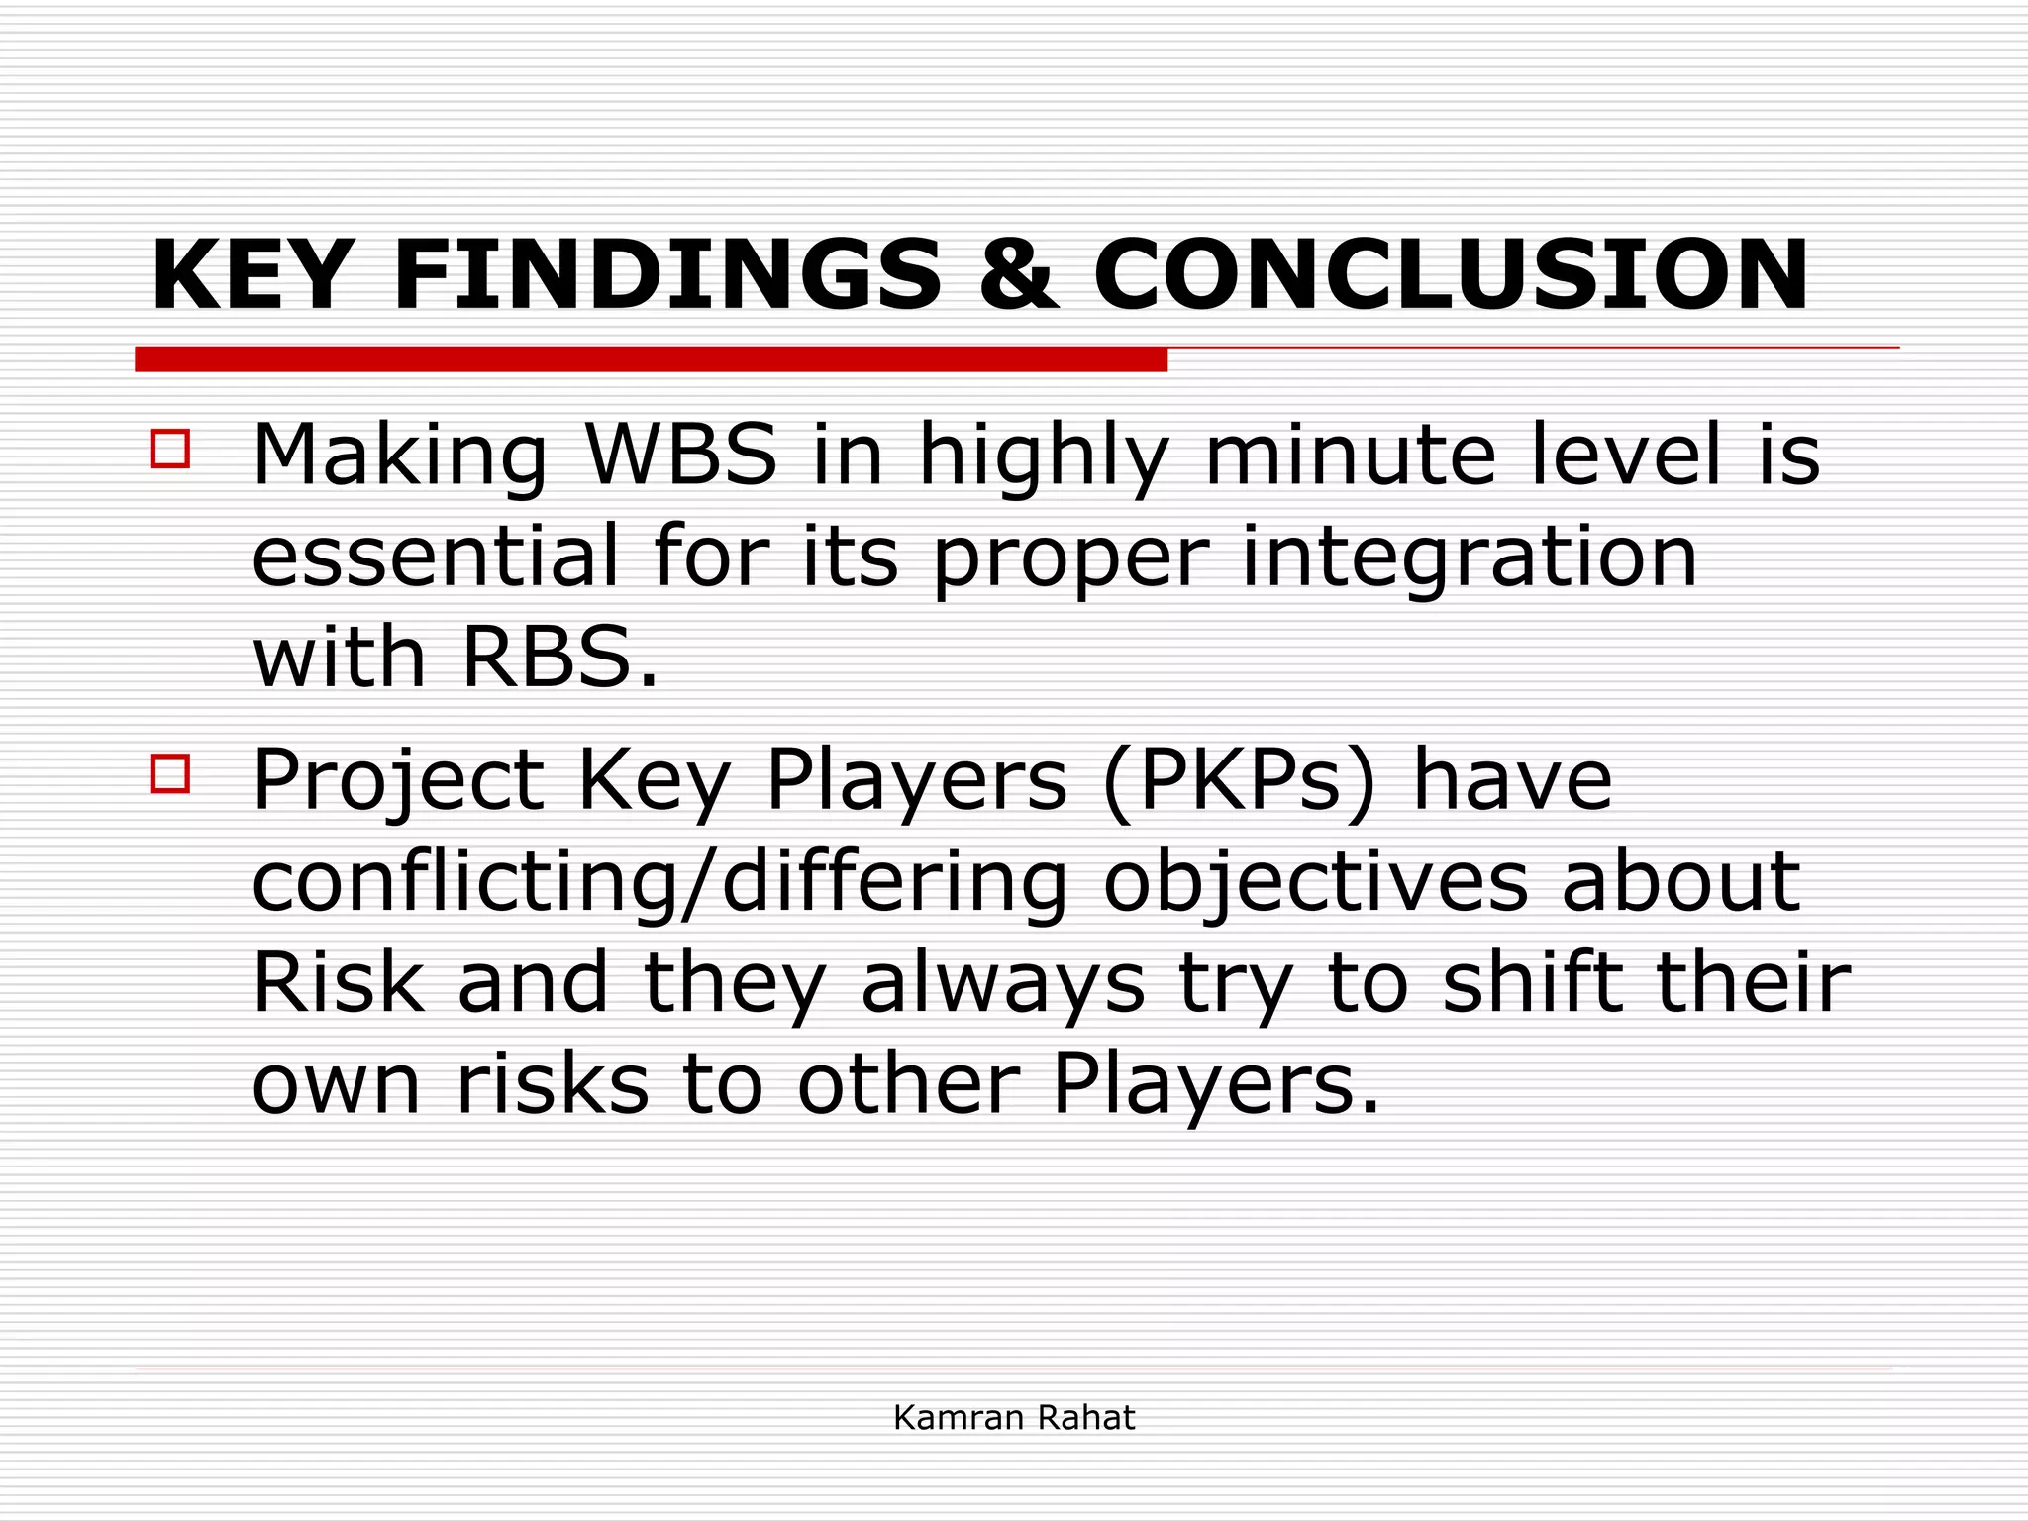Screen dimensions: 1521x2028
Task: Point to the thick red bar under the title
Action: pos(651,359)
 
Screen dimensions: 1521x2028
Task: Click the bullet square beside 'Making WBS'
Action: pos(170,448)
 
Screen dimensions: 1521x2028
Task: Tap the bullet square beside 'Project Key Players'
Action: pos(170,773)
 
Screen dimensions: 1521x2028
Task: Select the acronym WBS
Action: pos(681,455)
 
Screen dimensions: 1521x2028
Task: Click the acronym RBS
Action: pos(546,658)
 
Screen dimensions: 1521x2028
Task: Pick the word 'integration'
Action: pos(1470,557)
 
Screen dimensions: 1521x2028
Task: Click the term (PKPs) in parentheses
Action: pos(1239,781)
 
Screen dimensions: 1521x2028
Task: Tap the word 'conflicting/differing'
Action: pos(659,882)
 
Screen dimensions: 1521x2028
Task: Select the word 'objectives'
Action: pos(1315,882)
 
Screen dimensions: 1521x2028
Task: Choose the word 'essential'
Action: pos(435,557)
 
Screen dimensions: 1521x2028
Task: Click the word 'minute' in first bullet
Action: pos(1350,455)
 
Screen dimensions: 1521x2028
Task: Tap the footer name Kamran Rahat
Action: pos(1013,1418)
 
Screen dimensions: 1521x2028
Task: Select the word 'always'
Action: pos(1002,986)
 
